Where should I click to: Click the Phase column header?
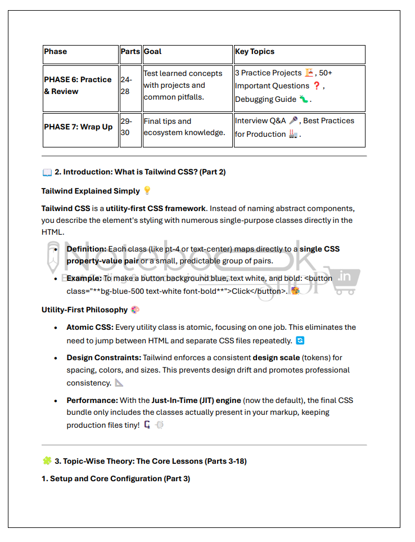(55, 52)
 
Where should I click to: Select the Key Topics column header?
(255, 52)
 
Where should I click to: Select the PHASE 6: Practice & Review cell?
(78, 86)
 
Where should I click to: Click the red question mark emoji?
(317, 86)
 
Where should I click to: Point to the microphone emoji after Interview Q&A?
(293, 121)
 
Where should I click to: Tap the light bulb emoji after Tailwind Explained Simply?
(147, 191)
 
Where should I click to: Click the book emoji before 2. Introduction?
(47, 172)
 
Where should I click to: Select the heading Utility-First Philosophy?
(84, 310)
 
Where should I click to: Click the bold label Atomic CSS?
(89, 327)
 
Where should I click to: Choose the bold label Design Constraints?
(103, 357)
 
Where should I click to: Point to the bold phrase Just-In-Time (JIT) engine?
(196, 400)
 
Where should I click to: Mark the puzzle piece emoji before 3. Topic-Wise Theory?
(47, 461)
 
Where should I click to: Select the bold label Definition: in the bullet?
(86, 249)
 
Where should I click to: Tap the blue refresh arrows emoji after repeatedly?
(300, 341)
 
